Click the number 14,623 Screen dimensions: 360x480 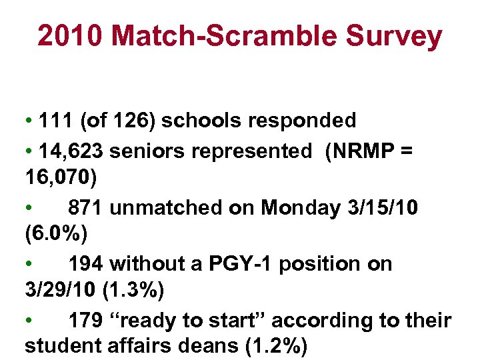coord(72,151)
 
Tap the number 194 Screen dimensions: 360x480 coord(86,264)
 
